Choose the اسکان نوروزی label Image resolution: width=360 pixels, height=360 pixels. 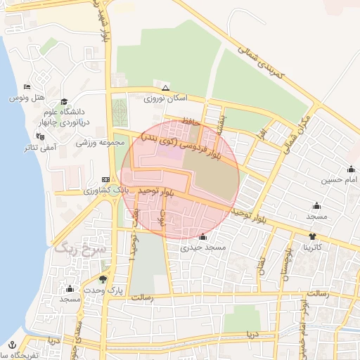click(x=162, y=99)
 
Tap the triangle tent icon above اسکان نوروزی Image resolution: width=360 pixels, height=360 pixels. click(x=165, y=88)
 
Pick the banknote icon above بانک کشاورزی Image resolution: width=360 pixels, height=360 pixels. click(x=105, y=179)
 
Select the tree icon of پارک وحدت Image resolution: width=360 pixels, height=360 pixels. click(x=103, y=279)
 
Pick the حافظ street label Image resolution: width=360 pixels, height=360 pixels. click(x=191, y=122)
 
